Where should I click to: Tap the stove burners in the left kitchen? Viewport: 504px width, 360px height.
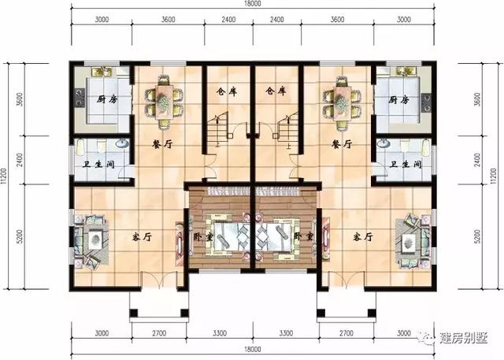(x=79, y=98)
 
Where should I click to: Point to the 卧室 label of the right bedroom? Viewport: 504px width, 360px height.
(x=300, y=236)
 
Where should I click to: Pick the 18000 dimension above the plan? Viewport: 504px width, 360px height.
(x=251, y=5)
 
